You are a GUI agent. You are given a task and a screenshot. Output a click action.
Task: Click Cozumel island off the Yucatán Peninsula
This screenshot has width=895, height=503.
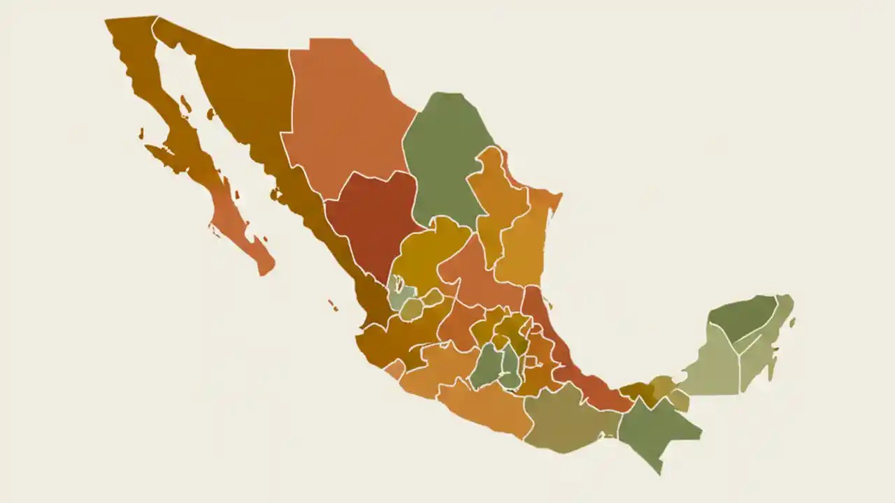(793, 323)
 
